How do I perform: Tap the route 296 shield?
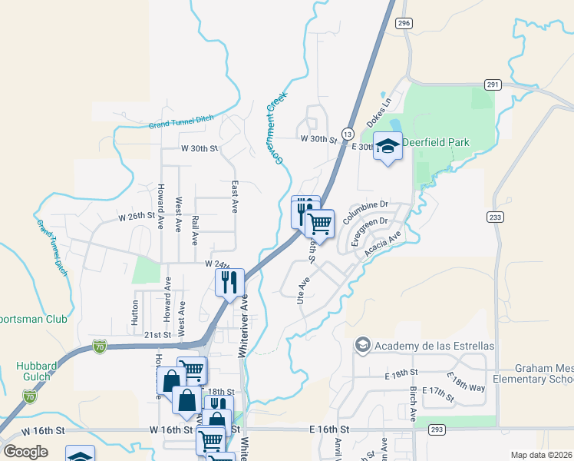click(x=404, y=24)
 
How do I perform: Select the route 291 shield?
click(x=493, y=85)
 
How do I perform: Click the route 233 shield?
click(x=495, y=218)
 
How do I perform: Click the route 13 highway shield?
click(x=348, y=134)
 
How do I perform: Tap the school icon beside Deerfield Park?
click(x=388, y=146)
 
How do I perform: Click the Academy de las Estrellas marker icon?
click(x=362, y=346)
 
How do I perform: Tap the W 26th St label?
click(x=136, y=217)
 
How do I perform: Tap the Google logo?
click(x=25, y=451)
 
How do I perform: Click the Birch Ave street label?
click(x=413, y=400)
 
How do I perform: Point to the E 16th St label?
click(x=329, y=428)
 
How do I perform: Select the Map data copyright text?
click(x=541, y=455)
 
